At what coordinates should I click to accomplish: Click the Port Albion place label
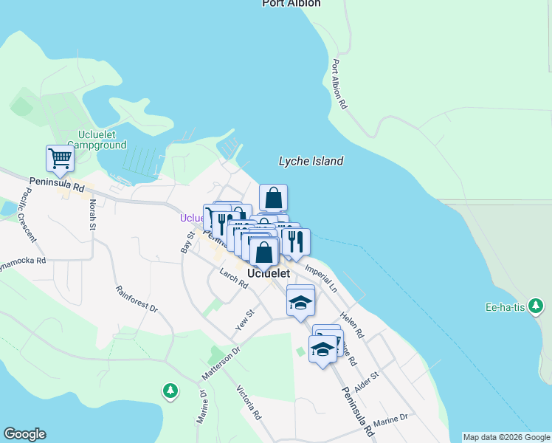click(x=291, y=4)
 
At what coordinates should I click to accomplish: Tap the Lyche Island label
click(x=311, y=161)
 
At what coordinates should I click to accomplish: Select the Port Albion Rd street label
click(x=339, y=84)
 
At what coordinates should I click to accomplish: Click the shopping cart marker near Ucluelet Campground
click(x=60, y=158)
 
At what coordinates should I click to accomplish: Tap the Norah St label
click(x=93, y=214)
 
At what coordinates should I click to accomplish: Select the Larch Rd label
click(x=233, y=279)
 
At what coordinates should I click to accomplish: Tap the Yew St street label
click(x=244, y=320)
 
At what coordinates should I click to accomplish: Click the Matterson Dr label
click(x=221, y=364)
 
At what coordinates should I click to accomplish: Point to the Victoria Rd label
click(x=249, y=402)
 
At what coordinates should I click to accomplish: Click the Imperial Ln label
click(x=320, y=273)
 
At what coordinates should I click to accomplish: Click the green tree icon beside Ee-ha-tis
click(x=537, y=306)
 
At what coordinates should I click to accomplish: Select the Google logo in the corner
click(x=24, y=434)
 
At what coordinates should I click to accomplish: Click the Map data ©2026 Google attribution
click(x=506, y=437)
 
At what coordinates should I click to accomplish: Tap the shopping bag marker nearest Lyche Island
click(x=273, y=198)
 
